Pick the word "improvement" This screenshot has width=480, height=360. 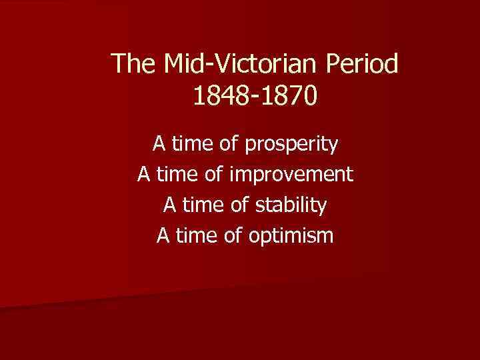pyautogui.click(x=291, y=175)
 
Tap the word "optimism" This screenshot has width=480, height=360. pyautogui.click(x=291, y=236)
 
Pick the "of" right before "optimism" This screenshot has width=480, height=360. pyautogui.click(x=235, y=235)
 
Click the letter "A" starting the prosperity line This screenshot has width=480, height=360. pyautogui.click(x=159, y=143)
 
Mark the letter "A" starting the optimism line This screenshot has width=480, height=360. pyautogui.click(x=163, y=235)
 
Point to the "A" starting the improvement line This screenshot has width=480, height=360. pyautogui.click(x=144, y=174)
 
